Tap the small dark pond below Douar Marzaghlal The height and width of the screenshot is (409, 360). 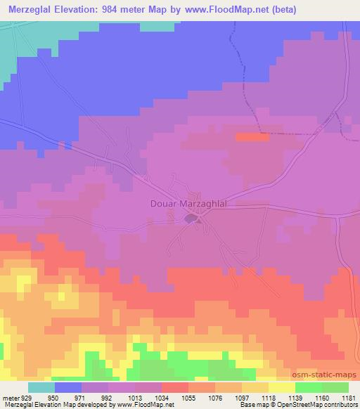(191, 219)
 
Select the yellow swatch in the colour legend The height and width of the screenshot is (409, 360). (281, 388)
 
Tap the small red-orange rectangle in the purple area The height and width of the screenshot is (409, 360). (251, 138)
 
